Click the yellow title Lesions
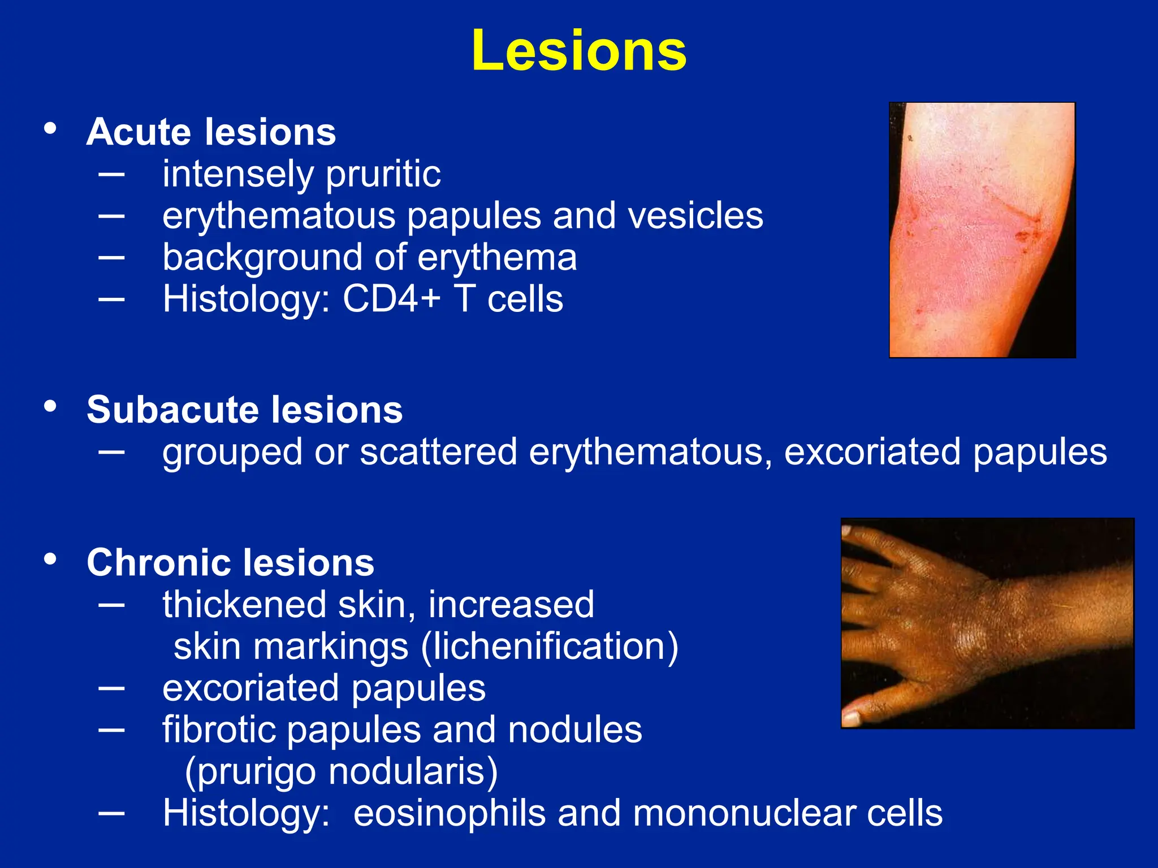(579, 51)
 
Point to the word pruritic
(383, 174)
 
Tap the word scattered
(438, 452)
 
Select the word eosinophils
(449, 813)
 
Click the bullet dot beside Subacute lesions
(50, 406)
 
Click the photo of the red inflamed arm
(982, 230)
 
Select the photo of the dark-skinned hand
(987, 623)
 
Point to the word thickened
(244, 605)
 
